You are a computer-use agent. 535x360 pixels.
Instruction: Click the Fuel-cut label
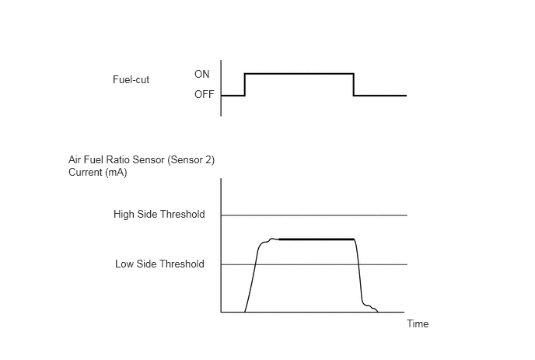[131, 79]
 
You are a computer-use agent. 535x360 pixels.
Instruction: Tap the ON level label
[201, 74]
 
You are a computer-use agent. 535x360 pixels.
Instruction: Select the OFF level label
[204, 94]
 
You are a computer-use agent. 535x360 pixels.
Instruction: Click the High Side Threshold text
[159, 214]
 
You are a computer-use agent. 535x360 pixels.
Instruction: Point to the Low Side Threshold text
[159, 264]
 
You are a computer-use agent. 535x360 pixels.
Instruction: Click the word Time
[418, 323]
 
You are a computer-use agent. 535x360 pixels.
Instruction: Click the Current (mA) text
[97, 172]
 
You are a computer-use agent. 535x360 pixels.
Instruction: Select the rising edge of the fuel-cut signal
[245, 84]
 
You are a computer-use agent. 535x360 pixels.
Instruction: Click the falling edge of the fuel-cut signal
[354, 84]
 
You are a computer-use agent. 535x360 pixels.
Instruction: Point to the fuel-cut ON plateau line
[299, 73]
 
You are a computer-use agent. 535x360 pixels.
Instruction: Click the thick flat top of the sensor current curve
[316, 239]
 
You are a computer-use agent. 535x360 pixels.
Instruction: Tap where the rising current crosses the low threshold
[256, 264]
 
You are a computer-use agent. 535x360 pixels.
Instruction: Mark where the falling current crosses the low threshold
[359, 264]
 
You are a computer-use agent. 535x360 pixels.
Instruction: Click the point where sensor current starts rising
[245, 312]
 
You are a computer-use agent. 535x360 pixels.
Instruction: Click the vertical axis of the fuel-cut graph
[221, 88]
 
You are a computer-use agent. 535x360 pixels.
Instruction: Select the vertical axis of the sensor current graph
[221, 246]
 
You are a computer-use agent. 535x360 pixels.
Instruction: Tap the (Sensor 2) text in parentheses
[191, 160]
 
